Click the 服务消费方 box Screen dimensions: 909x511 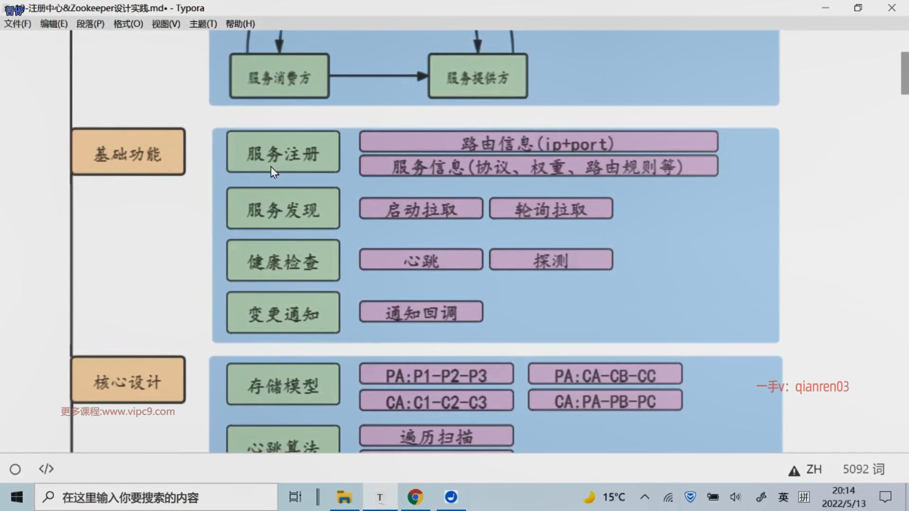point(279,76)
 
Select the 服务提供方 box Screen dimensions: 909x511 point(478,76)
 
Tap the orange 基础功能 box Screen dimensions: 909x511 point(128,152)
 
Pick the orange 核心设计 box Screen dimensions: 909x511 point(128,380)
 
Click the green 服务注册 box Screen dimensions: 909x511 point(283,152)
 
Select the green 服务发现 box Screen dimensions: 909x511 point(283,208)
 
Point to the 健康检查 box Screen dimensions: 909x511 point(283,260)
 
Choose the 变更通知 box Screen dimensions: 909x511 point(283,312)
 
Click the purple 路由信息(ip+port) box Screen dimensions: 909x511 point(538,141)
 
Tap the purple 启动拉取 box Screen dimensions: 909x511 point(421,209)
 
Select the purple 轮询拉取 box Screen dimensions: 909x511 point(551,209)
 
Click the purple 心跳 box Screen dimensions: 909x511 point(421,260)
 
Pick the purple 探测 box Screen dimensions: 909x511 point(551,260)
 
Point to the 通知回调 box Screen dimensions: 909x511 point(421,312)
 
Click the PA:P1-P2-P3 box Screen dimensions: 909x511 point(436,374)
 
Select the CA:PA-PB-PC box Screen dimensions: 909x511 point(605,400)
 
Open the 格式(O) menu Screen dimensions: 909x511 point(128,24)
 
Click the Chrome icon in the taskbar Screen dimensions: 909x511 point(415,497)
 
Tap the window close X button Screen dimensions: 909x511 point(891,8)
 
